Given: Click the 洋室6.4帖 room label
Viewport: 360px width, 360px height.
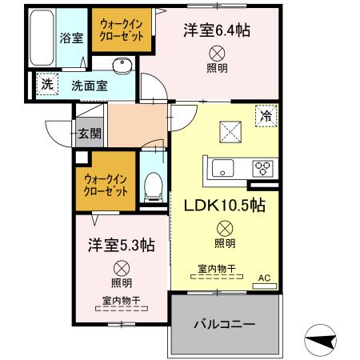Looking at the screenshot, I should [216, 30].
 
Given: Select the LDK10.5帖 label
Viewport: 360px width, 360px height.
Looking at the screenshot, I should [225, 205].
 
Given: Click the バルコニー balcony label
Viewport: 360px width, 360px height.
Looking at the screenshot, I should [225, 326].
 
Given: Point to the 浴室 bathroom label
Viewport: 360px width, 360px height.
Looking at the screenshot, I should [70, 37].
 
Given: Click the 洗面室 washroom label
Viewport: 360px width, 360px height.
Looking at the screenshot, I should [89, 86].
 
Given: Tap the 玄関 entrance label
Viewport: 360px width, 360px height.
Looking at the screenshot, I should [89, 134].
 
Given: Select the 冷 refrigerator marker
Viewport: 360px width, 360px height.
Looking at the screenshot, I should [265, 116].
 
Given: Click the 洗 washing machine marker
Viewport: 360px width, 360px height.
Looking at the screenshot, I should [46, 84].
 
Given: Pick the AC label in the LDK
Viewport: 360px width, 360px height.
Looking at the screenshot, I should [264, 279].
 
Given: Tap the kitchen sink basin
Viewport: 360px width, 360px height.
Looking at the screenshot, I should [223, 168].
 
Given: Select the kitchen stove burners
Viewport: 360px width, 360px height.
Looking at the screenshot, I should [262, 168].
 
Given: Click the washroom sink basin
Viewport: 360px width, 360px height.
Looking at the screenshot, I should [122, 66].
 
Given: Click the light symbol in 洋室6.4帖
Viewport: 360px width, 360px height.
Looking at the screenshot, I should [217, 53].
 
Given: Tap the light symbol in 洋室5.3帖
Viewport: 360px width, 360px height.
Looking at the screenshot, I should [122, 268].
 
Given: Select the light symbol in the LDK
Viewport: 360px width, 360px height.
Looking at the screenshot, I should [224, 227].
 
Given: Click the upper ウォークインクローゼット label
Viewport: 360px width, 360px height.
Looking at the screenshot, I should [120, 30].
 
